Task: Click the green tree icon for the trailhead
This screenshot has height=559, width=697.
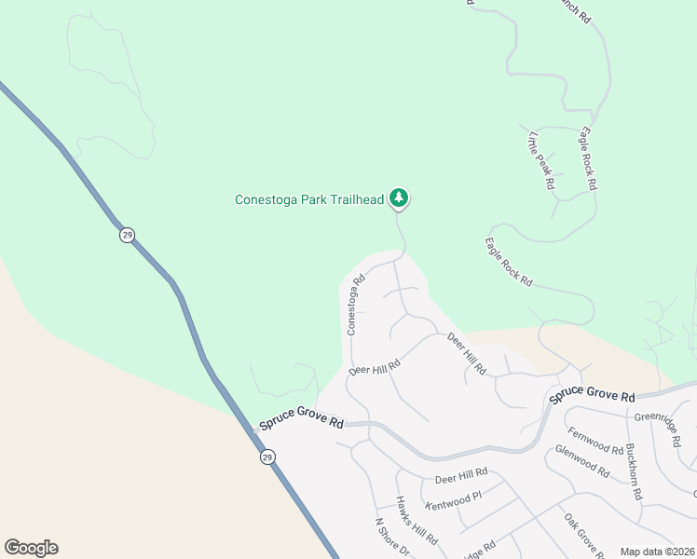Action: click(x=399, y=198)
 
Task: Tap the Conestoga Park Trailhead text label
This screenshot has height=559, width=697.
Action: click(x=308, y=199)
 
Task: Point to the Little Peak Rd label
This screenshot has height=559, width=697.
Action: click(x=541, y=161)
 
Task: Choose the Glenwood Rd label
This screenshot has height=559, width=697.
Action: click(x=581, y=461)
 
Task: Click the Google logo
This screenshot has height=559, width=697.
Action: click(x=31, y=548)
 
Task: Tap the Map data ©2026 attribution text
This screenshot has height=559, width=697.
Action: click(x=656, y=552)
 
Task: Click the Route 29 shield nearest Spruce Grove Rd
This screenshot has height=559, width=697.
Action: click(x=267, y=457)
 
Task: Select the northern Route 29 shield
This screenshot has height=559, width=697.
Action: click(x=127, y=235)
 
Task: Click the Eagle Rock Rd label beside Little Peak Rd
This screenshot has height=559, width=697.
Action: click(x=587, y=158)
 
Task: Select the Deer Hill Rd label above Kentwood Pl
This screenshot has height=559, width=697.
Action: click(x=461, y=476)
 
